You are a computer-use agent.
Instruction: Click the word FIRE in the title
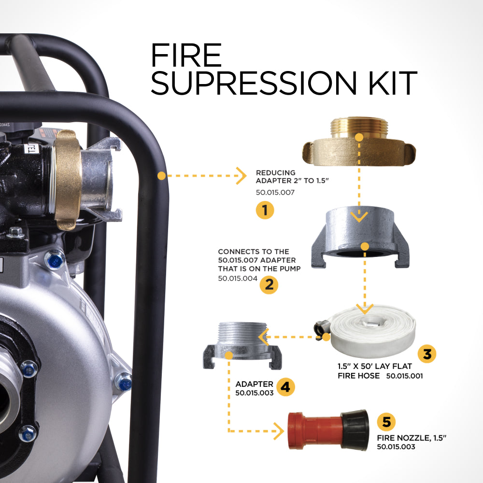[186, 55]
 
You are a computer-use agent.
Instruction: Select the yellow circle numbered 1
[265, 210]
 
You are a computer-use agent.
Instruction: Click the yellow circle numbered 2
[269, 284]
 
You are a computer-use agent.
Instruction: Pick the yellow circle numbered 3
[427, 354]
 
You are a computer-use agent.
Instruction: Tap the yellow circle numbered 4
[285, 387]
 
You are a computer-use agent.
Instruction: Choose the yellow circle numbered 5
[386, 422]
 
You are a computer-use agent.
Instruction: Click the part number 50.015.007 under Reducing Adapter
[275, 192]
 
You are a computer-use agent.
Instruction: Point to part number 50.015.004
[238, 279]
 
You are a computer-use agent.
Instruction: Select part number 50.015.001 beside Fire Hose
[404, 376]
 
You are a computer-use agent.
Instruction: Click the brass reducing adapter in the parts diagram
[359, 141]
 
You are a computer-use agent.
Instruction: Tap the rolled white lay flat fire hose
[373, 331]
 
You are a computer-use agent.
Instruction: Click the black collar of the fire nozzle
[355, 430]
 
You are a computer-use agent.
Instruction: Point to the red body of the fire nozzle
[315, 431]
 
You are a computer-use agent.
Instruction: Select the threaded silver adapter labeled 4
[242, 345]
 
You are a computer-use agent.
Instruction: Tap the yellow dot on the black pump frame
[161, 176]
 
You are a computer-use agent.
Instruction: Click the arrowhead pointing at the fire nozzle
[279, 431]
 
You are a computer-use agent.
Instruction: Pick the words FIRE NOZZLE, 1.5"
[412, 438]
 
